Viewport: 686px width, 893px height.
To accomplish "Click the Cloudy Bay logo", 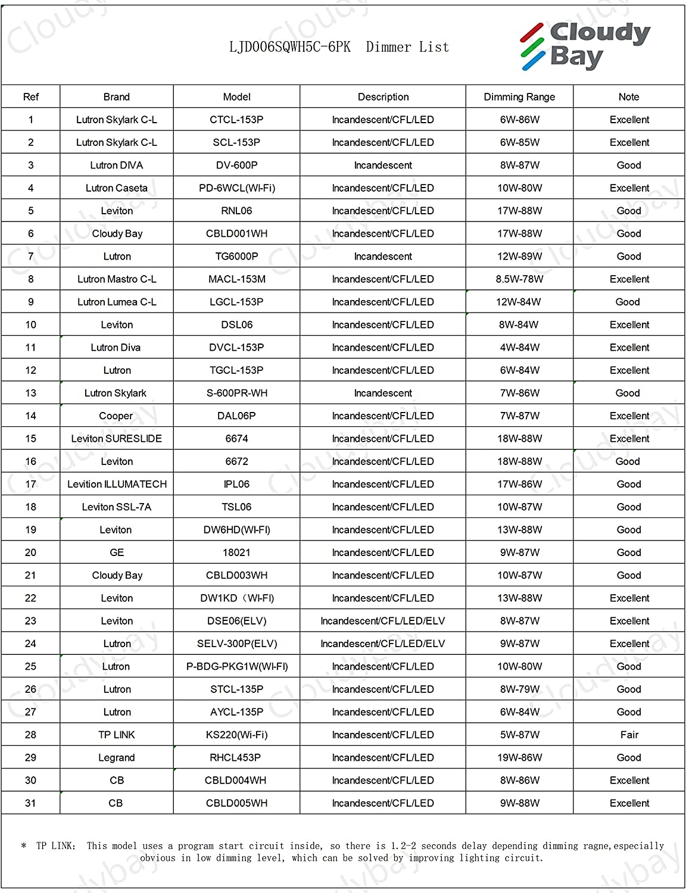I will [x=585, y=45].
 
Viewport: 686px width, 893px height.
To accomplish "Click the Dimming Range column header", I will [x=519, y=96].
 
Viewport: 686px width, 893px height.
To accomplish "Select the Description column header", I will [x=383, y=96].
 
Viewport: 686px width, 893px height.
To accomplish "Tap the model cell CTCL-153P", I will [x=236, y=120].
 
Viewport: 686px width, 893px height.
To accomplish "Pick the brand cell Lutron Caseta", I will [x=117, y=188].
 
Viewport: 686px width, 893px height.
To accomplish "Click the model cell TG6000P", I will [x=236, y=257].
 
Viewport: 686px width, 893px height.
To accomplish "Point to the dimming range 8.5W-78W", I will [x=519, y=279].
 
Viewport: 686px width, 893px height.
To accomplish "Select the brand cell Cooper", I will [x=116, y=416].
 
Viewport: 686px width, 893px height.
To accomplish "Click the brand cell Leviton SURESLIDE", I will [x=117, y=439].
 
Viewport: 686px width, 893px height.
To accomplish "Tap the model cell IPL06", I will [x=236, y=484].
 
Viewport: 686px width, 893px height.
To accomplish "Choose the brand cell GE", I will [x=117, y=552].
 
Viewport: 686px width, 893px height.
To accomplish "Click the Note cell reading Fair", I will [x=629, y=735].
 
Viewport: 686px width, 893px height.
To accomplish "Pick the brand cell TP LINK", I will [x=117, y=735].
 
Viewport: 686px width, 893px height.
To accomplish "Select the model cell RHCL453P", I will [x=236, y=758].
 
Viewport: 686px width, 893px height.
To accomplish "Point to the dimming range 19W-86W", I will [x=519, y=758].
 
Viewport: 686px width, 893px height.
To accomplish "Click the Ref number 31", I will [x=30, y=803].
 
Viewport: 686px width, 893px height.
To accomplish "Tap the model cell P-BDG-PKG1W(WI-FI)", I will [x=237, y=667].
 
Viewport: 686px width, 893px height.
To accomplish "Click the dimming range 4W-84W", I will [x=519, y=348].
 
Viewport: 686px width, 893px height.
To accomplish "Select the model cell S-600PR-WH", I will [x=236, y=393].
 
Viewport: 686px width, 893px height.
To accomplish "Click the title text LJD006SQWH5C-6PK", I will [x=290, y=47].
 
